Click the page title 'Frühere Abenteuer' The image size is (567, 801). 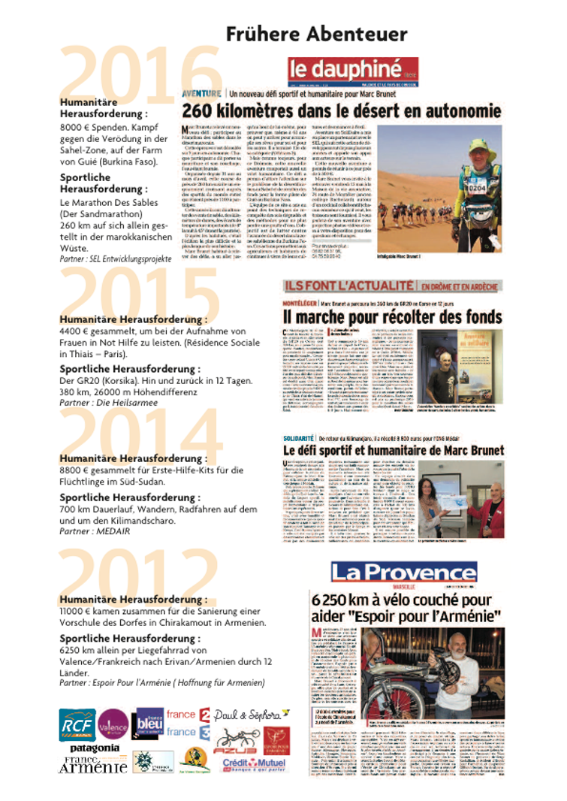point(316,34)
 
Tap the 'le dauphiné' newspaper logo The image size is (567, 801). point(353,72)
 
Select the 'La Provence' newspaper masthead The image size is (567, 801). point(403,573)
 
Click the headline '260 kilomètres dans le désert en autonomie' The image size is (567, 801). point(342,111)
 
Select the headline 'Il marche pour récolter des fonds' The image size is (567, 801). point(392,316)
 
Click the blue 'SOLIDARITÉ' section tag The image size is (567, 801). point(298,437)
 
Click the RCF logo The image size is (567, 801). point(77,724)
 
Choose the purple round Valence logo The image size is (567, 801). point(113,724)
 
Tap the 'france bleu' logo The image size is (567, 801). point(148,724)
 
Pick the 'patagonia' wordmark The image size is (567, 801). point(95,748)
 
